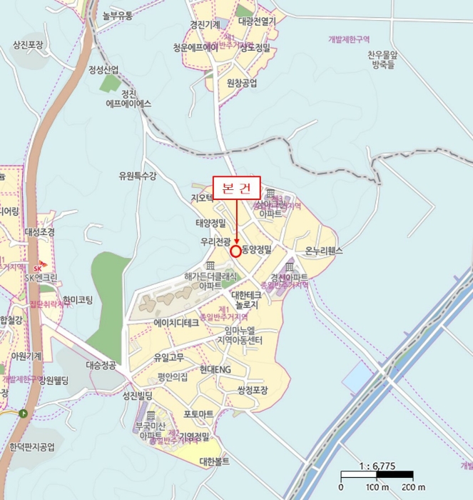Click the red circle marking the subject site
tap(236, 251)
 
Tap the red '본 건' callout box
tap(237, 187)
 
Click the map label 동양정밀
tap(257, 251)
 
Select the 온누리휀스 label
tap(324, 251)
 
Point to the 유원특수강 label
tap(137, 176)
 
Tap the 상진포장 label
tap(28, 44)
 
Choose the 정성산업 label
tap(103, 69)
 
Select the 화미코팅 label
tap(77, 300)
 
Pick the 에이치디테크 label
tap(176, 323)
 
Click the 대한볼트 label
tap(215, 461)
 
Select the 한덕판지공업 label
tap(32, 447)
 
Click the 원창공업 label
tap(241, 83)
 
